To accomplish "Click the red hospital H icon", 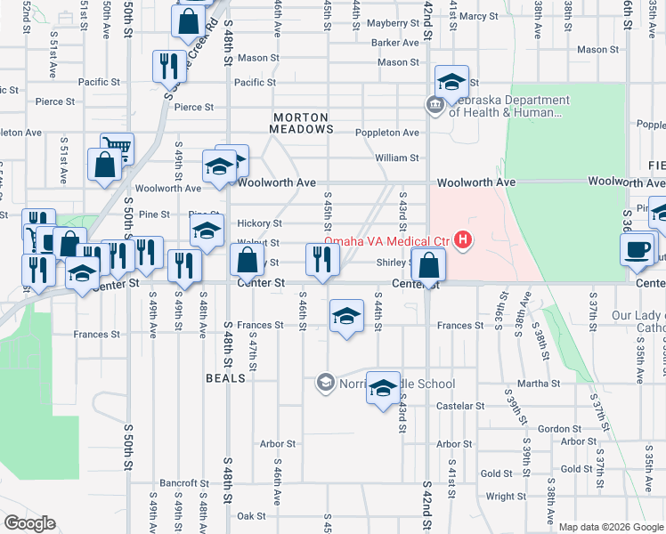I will point(463,240).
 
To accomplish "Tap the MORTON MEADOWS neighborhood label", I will point(301,123).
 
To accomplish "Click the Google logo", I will point(29,523).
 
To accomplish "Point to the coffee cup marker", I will point(638,248).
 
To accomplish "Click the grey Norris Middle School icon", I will point(325,384).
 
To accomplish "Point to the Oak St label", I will point(251,515).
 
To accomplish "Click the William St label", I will point(396,158).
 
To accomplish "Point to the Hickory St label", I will point(259,223).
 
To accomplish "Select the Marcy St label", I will point(479,16).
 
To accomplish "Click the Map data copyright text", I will point(610,527).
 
